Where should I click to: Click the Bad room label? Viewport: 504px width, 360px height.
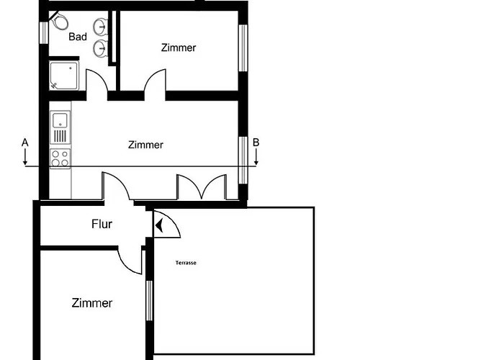(78, 37)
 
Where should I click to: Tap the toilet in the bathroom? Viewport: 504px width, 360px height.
(60, 21)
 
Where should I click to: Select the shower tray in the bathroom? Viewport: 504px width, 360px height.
(63, 76)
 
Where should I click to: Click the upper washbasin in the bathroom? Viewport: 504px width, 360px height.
(100, 26)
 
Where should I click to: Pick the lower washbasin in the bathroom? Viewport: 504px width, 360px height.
(100, 48)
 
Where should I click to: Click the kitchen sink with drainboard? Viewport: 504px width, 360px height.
(60, 127)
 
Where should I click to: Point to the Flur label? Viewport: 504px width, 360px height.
(102, 224)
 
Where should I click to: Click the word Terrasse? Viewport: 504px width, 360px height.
(186, 263)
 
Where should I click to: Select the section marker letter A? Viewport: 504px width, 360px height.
(24, 143)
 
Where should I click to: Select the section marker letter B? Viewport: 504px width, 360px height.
(256, 143)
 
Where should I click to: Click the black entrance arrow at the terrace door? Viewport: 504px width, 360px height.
(159, 225)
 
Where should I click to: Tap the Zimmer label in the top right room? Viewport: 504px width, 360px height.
(179, 48)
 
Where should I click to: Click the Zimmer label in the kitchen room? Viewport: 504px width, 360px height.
(145, 145)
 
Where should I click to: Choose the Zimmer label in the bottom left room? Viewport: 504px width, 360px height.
(92, 303)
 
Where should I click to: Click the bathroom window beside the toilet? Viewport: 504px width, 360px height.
(43, 32)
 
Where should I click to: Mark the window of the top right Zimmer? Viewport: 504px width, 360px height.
(243, 48)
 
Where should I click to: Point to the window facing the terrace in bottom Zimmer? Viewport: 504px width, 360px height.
(149, 300)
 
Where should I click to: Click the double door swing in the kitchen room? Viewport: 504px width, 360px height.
(202, 186)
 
